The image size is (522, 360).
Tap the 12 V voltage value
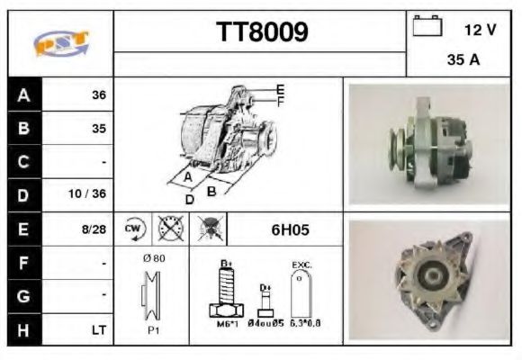(480, 29)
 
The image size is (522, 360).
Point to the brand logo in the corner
(59, 43)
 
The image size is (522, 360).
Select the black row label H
(23, 329)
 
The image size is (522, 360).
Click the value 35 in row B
(98, 129)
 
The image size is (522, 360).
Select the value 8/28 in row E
(94, 229)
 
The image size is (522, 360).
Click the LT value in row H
(97, 329)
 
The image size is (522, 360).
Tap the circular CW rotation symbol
(134, 229)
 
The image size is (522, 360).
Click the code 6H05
(290, 229)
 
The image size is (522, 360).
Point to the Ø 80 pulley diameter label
(153, 258)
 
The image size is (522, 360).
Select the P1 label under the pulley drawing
(154, 329)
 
